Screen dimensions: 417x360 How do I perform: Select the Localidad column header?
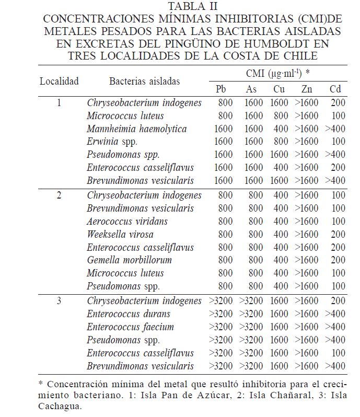click(59, 81)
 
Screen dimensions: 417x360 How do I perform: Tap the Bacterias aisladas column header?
click(144, 81)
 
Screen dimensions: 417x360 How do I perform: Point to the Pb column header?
click(221, 89)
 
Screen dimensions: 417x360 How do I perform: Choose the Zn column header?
click(307, 89)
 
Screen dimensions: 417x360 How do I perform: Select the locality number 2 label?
click(59, 195)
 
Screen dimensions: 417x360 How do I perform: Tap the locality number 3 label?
click(59, 301)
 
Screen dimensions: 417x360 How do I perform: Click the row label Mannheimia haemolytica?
click(136, 129)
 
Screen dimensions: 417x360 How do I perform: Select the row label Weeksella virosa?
click(120, 235)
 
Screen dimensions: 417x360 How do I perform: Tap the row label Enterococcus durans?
click(129, 314)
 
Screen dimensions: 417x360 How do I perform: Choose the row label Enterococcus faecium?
click(130, 327)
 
